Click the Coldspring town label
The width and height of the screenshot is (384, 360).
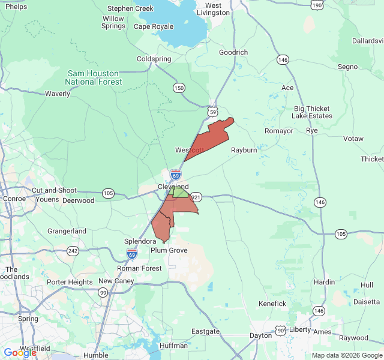(x=154, y=59)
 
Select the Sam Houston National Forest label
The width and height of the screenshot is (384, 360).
(x=94, y=77)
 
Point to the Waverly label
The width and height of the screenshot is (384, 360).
(x=58, y=94)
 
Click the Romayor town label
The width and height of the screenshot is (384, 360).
(x=279, y=131)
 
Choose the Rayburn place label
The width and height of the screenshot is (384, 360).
(x=244, y=150)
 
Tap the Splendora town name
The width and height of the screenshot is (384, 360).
(x=140, y=241)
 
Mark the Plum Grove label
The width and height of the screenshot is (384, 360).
(x=169, y=250)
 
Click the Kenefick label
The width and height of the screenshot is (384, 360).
(x=272, y=304)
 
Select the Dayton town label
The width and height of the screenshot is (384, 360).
(x=261, y=335)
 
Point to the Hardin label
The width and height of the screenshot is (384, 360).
(x=325, y=282)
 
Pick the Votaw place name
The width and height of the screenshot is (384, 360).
(x=353, y=139)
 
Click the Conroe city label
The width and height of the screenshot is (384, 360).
(x=14, y=199)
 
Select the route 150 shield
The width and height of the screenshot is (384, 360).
(x=179, y=88)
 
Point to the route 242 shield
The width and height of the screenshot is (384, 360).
(x=73, y=250)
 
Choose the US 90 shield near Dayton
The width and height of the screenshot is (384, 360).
(x=281, y=330)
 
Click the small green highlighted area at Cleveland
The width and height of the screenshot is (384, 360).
(x=179, y=193)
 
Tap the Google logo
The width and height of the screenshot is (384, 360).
(x=20, y=353)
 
